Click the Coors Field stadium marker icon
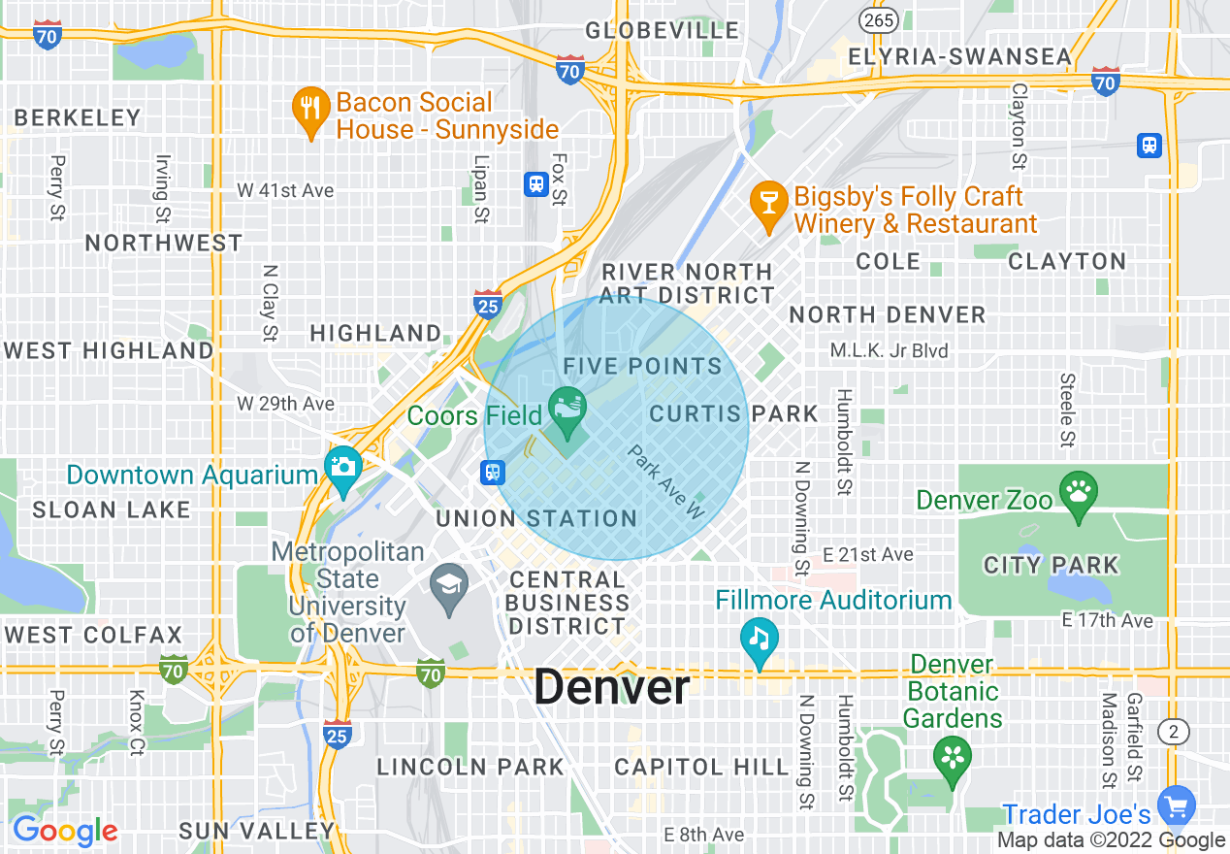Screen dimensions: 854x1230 [567, 408]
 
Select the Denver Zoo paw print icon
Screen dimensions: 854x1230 [1078, 490]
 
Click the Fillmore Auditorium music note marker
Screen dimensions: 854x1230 [760, 638]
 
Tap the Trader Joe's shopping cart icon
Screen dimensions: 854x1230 [1177, 805]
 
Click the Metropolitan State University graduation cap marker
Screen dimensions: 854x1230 [449, 584]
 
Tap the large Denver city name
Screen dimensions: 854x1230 [612, 688]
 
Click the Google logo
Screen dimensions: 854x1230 [65, 831]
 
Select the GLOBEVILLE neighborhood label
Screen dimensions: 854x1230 [663, 31]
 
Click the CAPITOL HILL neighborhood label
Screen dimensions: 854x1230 [702, 768]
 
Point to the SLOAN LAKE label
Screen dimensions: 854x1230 [112, 509]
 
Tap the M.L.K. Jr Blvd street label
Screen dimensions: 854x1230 [889, 350]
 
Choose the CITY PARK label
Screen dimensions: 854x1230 [1051, 565]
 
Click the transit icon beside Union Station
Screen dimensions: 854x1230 [494, 473]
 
